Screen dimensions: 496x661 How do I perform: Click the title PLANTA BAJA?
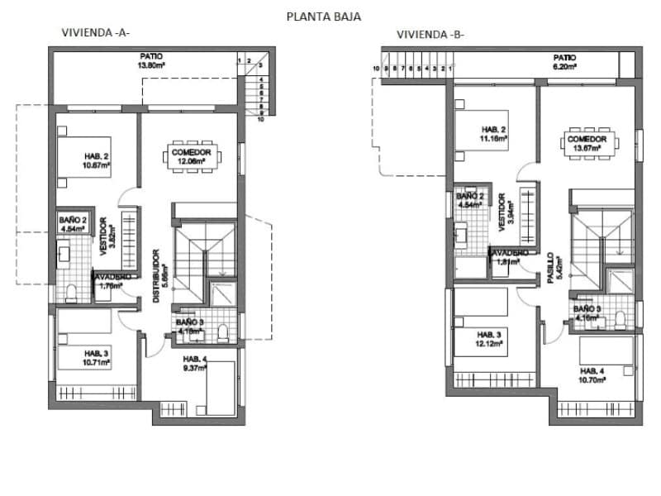[x=323, y=15]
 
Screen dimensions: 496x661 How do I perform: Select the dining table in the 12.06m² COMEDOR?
[x=192, y=155]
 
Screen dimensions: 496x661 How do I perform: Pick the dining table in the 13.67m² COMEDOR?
[x=587, y=142]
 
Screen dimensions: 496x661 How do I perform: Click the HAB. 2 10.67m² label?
[x=97, y=160]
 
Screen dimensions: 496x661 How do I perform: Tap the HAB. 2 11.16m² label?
[x=494, y=133]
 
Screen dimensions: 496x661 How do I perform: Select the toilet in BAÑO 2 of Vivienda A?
[x=72, y=292]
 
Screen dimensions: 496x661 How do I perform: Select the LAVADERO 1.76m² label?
[x=110, y=282]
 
